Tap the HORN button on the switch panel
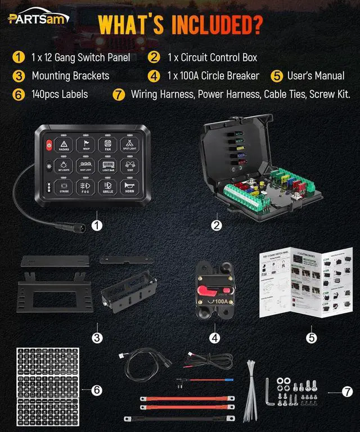click(130, 187)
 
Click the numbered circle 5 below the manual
click(312, 337)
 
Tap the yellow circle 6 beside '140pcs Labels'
click(18, 94)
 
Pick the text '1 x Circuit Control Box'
click(211, 57)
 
